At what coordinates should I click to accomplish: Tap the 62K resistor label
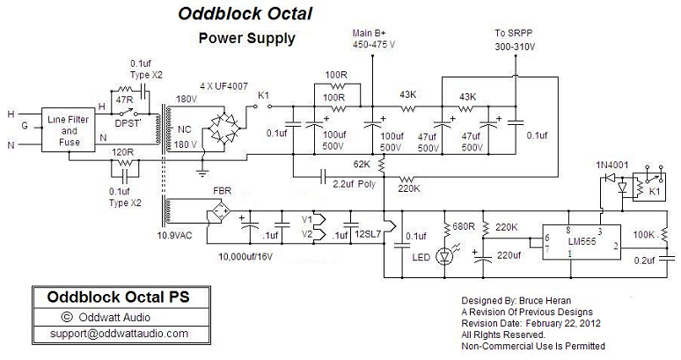point(362,165)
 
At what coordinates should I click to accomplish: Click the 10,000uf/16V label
point(245,256)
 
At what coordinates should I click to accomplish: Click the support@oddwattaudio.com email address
point(106,334)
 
